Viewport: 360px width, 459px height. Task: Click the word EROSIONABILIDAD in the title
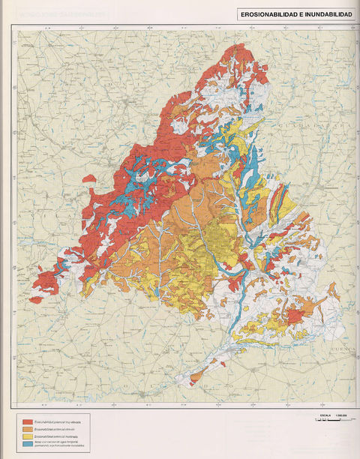click(268, 14)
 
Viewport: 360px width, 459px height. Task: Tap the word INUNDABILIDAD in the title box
click(325, 14)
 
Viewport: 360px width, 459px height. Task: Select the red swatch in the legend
click(28, 423)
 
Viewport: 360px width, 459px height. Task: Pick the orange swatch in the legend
click(28, 430)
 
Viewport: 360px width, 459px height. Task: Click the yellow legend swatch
click(28, 436)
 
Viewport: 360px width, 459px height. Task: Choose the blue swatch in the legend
click(28, 444)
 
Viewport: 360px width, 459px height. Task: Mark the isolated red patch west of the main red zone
click(89, 178)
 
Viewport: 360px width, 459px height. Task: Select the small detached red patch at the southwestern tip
click(35, 300)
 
